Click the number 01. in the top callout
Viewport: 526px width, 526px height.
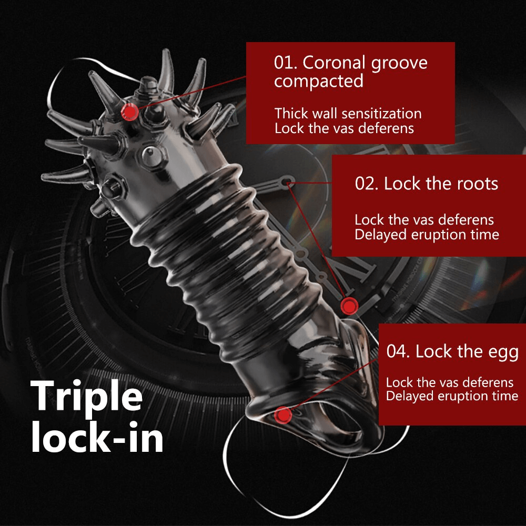click(286, 63)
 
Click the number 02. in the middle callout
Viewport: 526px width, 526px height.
click(367, 184)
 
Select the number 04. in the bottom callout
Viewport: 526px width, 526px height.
click(398, 351)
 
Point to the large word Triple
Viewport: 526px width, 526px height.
click(87, 397)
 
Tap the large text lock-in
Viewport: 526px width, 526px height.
click(97, 437)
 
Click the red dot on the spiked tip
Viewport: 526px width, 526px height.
click(129, 112)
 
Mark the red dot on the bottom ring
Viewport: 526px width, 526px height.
click(283, 415)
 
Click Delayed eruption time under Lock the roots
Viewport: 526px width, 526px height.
click(427, 235)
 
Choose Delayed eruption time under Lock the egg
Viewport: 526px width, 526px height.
click(452, 396)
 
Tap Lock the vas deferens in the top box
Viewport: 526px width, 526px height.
click(344, 128)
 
